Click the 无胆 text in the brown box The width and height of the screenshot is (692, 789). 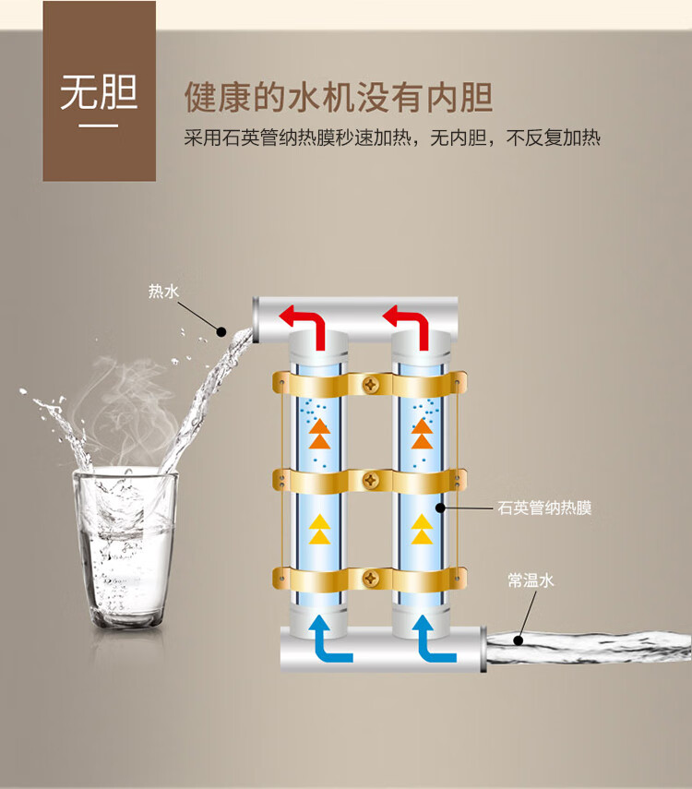pos(99,92)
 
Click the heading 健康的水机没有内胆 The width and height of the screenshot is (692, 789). pos(339,97)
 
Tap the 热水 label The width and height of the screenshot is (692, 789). pos(163,291)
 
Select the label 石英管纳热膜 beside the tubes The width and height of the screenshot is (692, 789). pos(544,508)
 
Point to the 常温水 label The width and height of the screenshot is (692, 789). pos(531,580)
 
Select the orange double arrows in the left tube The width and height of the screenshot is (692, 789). pos(319,434)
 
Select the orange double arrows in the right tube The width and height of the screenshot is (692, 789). pos(422,434)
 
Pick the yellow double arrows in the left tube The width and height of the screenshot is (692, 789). pos(319,530)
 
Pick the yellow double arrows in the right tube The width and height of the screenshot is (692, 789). pos(422,530)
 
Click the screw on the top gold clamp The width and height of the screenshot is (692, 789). pos(371,385)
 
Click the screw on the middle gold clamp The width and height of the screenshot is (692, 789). pos(371,481)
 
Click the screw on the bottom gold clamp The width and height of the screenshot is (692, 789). pos(371,579)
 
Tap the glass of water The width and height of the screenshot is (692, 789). pos(125,548)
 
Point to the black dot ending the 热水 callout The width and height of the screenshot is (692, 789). pos(221,331)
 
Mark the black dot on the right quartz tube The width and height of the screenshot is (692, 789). pos(440,508)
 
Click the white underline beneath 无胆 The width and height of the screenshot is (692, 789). pos(98,126)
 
